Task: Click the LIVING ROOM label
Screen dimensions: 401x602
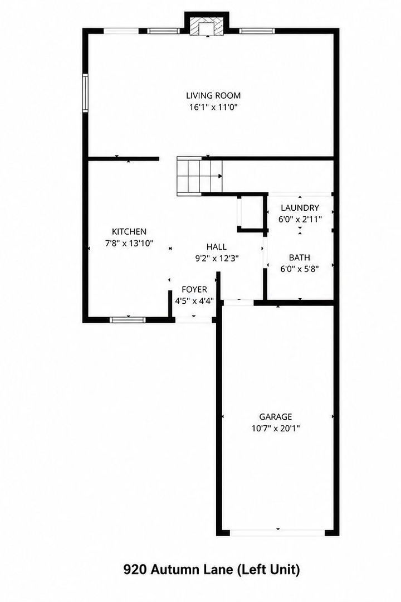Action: click(x=213, y=96)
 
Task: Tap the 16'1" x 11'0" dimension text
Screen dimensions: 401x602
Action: click(x=214, y=107)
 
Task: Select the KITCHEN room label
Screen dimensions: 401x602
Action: click(x=129, y=231)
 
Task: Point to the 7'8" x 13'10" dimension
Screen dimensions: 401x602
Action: click(x=129, y=243)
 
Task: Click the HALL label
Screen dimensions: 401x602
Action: click(x=217, y=246)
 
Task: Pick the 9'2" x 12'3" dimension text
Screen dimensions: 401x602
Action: click(x=217, y=259)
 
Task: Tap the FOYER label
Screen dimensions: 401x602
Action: click(x=194, y=289)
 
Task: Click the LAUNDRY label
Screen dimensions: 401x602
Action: click(x=300, y=208)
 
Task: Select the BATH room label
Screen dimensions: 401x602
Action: click(x=299, y=257)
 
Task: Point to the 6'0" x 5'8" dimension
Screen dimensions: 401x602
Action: click(x=300, y=269)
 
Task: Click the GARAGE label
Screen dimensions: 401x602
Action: click(x=276, y=416)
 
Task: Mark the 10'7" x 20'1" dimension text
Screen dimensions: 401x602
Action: click(x=276, y=428)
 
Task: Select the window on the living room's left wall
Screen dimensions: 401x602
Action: click(x=85, y=93)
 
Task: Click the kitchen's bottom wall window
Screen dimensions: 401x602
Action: click(x=128, y=320)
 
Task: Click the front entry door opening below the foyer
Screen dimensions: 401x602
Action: click(x=194, y=320)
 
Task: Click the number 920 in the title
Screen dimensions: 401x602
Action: click(x=135, y=569)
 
